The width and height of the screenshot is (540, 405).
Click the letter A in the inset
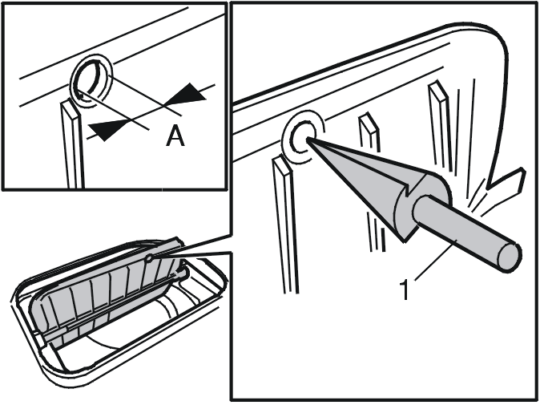(175, 136)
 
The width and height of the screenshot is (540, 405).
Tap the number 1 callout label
(405, 290)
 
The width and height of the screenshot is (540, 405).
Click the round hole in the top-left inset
(91, 81)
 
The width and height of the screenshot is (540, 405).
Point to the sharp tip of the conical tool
(307, 140)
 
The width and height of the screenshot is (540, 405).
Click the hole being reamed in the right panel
(303, 137)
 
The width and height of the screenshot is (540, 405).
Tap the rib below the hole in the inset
(71, 145)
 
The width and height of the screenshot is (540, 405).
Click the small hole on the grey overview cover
(149, 257)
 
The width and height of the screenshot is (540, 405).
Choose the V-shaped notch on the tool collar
(411, 189)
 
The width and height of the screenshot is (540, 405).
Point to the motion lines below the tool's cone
(376, 232)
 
